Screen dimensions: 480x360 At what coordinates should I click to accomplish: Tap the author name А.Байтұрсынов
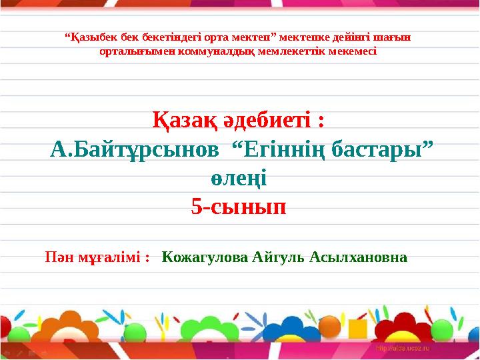(x=134, y=150)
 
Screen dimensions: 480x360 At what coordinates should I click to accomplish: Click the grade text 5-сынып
(x=239, y=208)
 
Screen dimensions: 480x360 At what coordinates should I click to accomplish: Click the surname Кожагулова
(x=204, y=257)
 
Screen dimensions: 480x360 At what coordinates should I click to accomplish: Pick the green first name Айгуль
(x=279, y=257)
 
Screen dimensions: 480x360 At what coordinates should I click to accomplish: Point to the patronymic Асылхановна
(x=358, y=257)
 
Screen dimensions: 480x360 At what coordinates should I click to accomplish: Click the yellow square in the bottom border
(x=358, y=329)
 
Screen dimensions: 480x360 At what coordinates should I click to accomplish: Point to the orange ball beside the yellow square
(x=329, y=327)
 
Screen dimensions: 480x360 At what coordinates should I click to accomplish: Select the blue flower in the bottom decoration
(x=291, y=330)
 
